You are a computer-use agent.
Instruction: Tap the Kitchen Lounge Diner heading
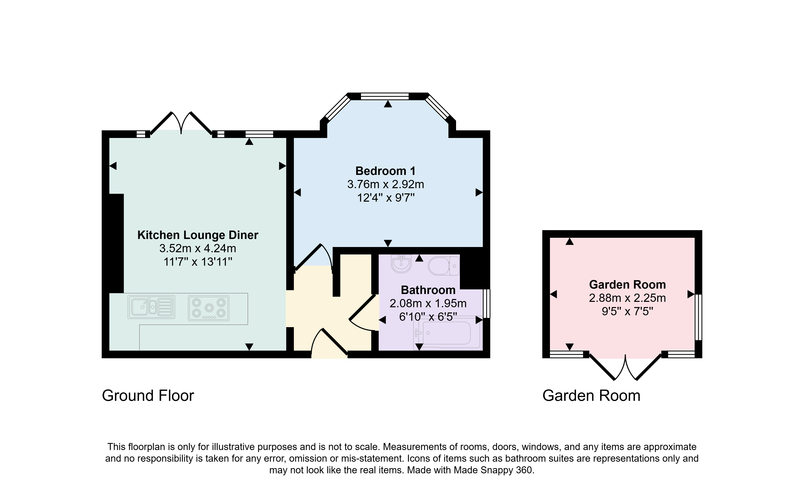pyautogui.click(x=198, y=235)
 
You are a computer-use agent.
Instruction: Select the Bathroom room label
pyautogui.click(x=428, y=290)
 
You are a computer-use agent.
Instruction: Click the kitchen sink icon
pyautogui.click(x=151, y=307)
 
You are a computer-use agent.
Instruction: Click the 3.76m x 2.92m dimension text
pyautogui.click(x=386, y=185)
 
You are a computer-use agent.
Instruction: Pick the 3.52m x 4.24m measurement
pyautogui.click(x=198, y=248)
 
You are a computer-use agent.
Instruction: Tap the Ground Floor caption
pyautogui.click(x=148, y=396)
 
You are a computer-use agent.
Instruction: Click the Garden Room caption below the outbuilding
pyautogui.click(x=591, y=396)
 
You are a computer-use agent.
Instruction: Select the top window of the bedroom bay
pyautogui.click(x=385, y=96)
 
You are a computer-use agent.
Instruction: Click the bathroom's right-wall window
pyautogui.click(x=486, y=303)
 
